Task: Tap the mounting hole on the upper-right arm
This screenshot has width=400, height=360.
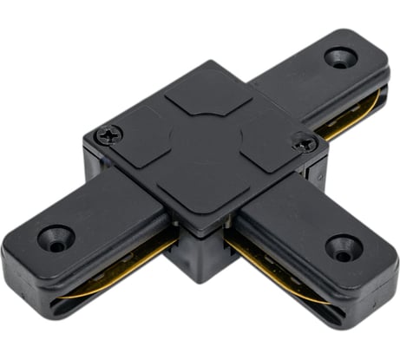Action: point(340,58)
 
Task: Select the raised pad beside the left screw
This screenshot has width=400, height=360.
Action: point(143,139)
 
